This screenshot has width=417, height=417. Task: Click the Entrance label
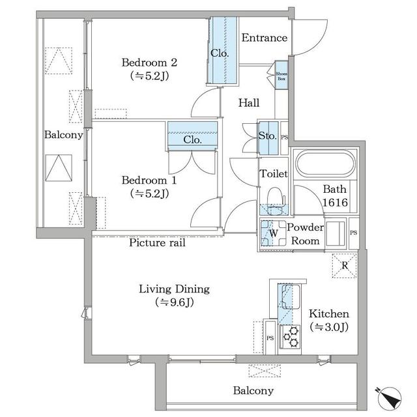(264, 38)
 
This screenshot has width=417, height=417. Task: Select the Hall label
(248, 103)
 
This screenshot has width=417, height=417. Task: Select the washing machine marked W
(273, 233)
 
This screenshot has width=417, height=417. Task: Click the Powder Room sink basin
(336, 233)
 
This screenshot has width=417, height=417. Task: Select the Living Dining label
(173, 289)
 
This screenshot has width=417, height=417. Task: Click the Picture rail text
(157, 242)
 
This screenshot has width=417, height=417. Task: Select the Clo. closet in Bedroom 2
(221, 51)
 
